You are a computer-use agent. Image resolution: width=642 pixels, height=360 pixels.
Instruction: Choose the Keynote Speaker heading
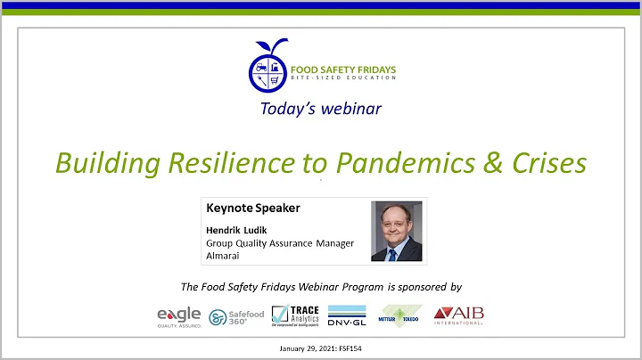(x=253, y=209)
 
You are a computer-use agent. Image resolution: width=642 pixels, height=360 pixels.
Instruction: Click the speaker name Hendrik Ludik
(x=236, y=229)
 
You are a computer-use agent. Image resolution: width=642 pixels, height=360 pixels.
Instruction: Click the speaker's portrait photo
(x=396, y=230)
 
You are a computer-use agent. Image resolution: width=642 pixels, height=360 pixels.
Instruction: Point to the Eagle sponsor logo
(x=179, y=316)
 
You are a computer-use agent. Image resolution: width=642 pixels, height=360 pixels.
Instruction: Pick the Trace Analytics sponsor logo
(x=294, y=316)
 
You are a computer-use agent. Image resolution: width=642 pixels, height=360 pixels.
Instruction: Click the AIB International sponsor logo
(x=457, y=316)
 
